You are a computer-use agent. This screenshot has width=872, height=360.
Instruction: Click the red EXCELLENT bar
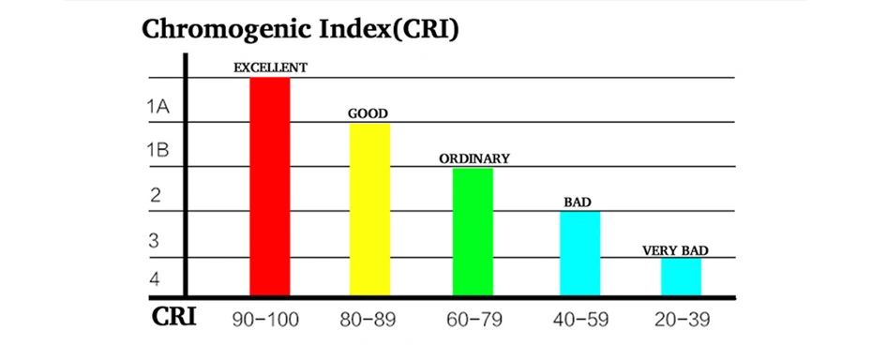[x=270, y=187]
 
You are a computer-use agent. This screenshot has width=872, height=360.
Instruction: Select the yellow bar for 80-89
[x=369, y=209]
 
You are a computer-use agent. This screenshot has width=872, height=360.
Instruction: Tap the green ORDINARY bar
[x=473, y=232]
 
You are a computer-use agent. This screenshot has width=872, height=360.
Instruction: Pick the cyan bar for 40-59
[x=580, y=253]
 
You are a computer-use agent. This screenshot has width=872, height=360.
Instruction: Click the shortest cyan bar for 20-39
[x=682, y=277]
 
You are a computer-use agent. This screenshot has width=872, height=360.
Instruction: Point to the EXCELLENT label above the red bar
[x=270, y=67]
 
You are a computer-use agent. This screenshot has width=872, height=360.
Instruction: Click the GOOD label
[x=368, y=113]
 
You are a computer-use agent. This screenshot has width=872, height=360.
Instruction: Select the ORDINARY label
[x=474, y=158]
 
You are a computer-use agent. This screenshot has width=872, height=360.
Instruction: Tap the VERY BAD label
[x=676, y=250]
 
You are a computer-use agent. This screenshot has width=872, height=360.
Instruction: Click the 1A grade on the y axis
[x=158, y=106]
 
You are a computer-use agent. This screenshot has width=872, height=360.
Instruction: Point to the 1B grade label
[x=158, y=150]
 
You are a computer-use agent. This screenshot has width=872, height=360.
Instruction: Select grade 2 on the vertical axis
[x=155, y=195]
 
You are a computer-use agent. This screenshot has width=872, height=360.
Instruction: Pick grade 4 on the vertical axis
[x=155, y=278]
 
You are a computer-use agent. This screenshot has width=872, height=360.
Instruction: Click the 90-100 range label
[x=265, y=320]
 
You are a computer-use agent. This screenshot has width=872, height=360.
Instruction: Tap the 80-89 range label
[x=368, y=320]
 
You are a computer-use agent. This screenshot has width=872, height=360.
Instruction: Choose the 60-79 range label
[x=474, y=320]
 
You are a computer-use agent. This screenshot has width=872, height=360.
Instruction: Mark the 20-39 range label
[x=682, y=320]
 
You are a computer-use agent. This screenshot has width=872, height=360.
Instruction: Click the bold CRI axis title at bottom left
[x=173, y=317]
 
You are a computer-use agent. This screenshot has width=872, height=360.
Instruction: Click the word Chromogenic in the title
[x=225, y=30]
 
